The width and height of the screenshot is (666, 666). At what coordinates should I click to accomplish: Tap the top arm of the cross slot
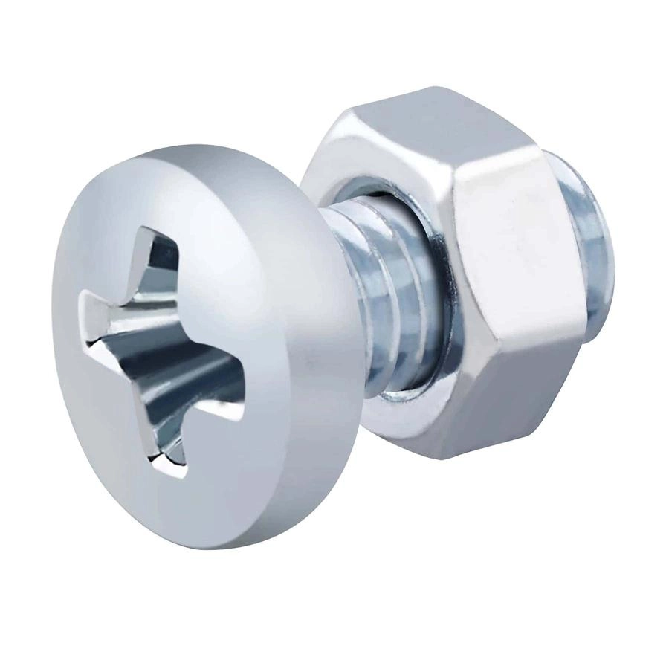pyautogui.click(x=160, y=256)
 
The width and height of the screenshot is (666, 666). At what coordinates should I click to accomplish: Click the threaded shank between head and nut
pyautogui.click(x=372, y=297)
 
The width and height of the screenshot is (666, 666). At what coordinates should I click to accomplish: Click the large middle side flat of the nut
pyautogui.click(x=513, y=253)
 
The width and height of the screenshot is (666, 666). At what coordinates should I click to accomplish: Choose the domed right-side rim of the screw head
pyautogui.click(x=312, y=372)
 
